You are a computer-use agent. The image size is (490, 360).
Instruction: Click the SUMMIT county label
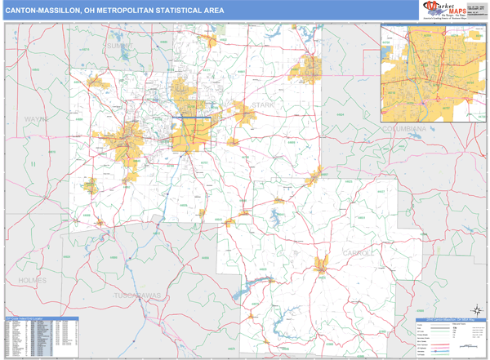(118, 47)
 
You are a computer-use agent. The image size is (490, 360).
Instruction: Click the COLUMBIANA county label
(405, 129)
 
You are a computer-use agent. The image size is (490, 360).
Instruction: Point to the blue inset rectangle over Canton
(192, 131)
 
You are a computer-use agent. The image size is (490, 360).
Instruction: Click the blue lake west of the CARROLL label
(271, 216)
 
